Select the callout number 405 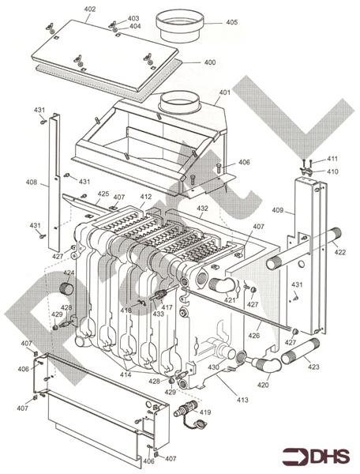click(x=231, y=23)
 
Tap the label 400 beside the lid click(x=209, y=62)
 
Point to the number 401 click(x=224, y=92)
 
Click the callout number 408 click(x=31, y=183)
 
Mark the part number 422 click(x=339, y=253)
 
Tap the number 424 click(x=69, y=273)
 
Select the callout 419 click(x=205, y=413)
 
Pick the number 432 click(x=202, y=209)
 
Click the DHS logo click(x=315, y=456)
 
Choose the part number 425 click(x=103, y=194)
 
